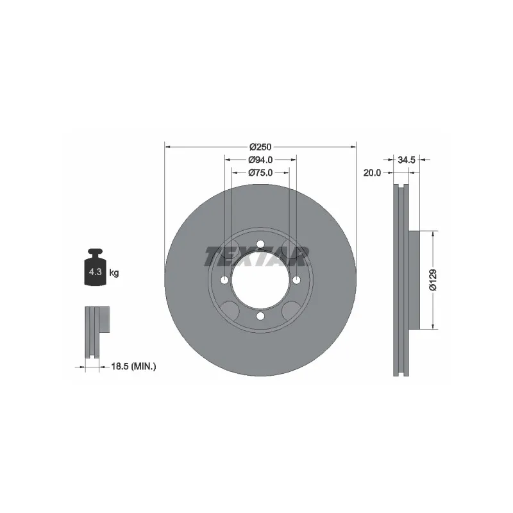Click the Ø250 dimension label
tap(260, 147)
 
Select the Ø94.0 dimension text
tap(260, 160)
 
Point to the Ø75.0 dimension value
tap(260, 172)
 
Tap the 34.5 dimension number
tap(407, 160)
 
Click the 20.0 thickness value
tap(372, 172)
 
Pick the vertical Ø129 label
tap(433, 280)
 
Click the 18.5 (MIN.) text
tap(133, 367)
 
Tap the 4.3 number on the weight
tap(95, 271)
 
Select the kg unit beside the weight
tap(114, 272)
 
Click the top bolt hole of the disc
tap(260, 244)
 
